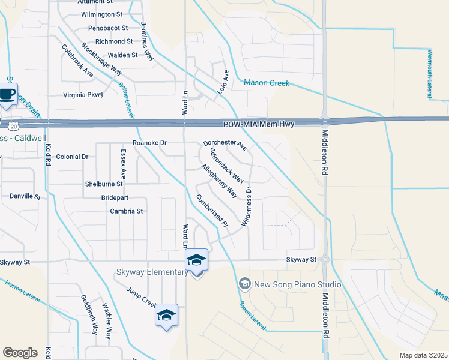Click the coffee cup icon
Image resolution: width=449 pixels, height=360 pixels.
pyautogui.click(x=8, y=94)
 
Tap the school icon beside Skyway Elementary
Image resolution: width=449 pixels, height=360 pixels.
pyautogui.click(x=196, y=260)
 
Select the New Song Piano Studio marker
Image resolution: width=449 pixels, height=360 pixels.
pyautogui.click(x=244, y=283)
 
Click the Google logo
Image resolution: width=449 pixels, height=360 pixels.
pyautogui.click(x=20, y=353)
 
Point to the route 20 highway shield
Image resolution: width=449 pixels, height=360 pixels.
pyautogui.click(x=14, y=125)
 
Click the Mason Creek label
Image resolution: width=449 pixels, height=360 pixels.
pyautogui.click(x=267, y=83)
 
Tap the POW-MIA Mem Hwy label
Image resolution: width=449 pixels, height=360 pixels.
pyautogui.click(x=268, y=124)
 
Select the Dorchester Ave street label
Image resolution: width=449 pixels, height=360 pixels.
pyautogui.click(x=225, y=145)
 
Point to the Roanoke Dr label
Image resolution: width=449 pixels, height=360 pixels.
pyautogui.click(x=149, y=143)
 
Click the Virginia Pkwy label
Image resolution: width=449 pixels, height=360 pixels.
pyautogui.click(x=84, y=95)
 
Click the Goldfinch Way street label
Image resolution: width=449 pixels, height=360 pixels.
pyautogui.click(x=89, y=314)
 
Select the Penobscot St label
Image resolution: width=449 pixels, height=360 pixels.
pyautogui.click(x=108, y=28)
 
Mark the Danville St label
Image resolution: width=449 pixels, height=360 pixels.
pyautogui.click(x=25, y=196)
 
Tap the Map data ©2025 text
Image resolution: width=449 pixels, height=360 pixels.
pyautogui.click(x=423, y=355)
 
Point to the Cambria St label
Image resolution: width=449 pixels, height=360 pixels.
pyautogui.click(x=126, y=211)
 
